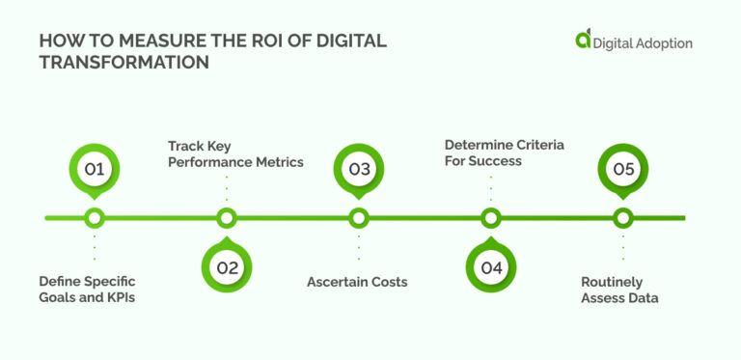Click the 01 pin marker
click(x=94, y=170)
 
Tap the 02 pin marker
click(x=227, y=267)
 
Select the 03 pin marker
click(x=359, y=170)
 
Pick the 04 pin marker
click(x=491, y=267)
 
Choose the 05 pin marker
click(x=623, y=170)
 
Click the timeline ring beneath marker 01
click(x=94, y=218)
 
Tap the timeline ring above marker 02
click(x=227, y=218)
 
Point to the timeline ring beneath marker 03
click(x=359, y=218)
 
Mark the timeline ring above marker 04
click(x=491, y=218)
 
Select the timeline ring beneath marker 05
click(x=623, y=218)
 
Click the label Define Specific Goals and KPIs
click(x=88, y=290)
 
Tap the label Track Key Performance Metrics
click(x=235, y=153)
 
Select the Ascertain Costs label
click(x=357, y=282)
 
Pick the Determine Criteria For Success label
click(x=504, y=152)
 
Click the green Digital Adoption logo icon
click(x=583, y=40)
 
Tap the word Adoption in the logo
click(x=665, y=42)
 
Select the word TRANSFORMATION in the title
click(x=123, y=62)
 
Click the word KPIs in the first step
click(x=121, y=297)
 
